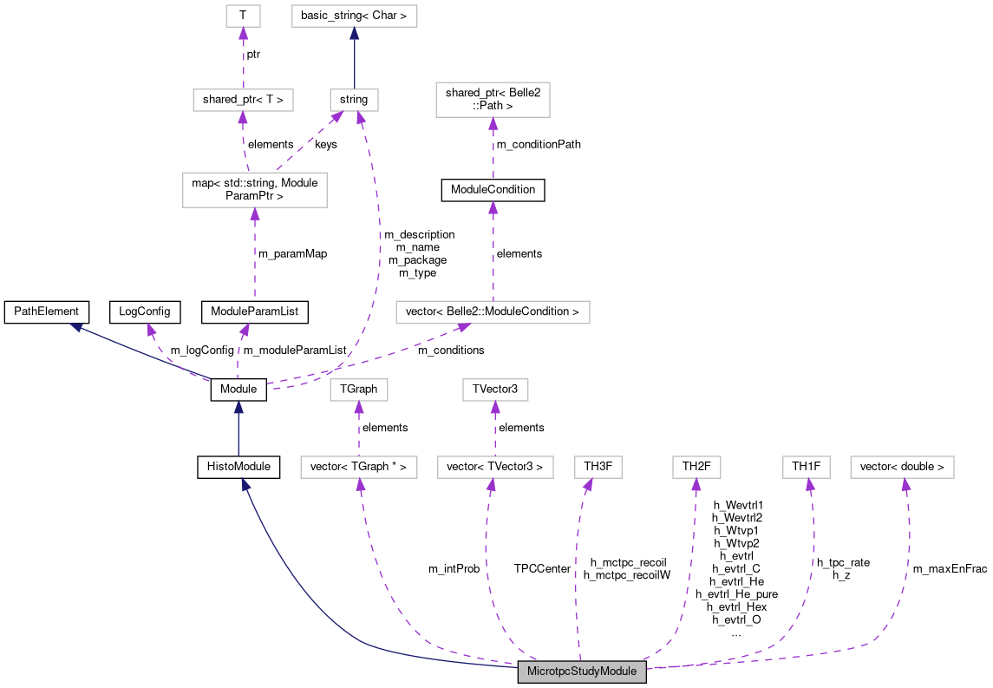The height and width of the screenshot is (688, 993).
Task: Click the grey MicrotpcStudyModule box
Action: pos(582,672)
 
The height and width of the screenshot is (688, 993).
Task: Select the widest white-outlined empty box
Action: pos(493,312)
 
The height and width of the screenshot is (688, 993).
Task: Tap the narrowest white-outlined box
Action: pos(243,16)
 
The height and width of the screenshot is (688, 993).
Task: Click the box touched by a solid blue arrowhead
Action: pos(354,16)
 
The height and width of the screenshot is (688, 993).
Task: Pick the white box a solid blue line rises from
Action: pos(354,100)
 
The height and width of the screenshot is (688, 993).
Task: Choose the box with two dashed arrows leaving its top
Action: pos(254,190)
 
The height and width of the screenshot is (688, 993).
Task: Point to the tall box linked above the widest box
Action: pos(493,100)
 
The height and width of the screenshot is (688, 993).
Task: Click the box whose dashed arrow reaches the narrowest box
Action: pos(243,100)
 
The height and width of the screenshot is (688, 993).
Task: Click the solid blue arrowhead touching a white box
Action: pos(354,34)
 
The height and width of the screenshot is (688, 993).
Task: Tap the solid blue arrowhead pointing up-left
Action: pos(76,327)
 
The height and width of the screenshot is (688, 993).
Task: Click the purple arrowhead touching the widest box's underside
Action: pos(463,327)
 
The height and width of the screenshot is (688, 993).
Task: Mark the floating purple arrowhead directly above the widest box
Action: pos(493,207)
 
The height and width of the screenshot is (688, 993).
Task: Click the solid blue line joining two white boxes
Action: pos(354,61)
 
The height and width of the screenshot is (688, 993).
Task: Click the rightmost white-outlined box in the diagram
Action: pos(902,467)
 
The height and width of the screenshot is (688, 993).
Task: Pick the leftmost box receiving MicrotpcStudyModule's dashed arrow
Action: pos(358,467)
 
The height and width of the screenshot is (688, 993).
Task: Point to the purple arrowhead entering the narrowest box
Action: pos(243,34)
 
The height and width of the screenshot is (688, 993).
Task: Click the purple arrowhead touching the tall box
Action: pos(493,123)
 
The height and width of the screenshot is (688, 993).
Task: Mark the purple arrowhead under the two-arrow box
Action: pos(254,214)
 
